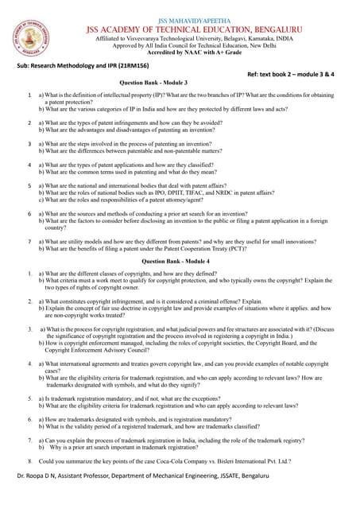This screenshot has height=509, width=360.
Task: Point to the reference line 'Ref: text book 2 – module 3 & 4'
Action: point(294,72)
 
